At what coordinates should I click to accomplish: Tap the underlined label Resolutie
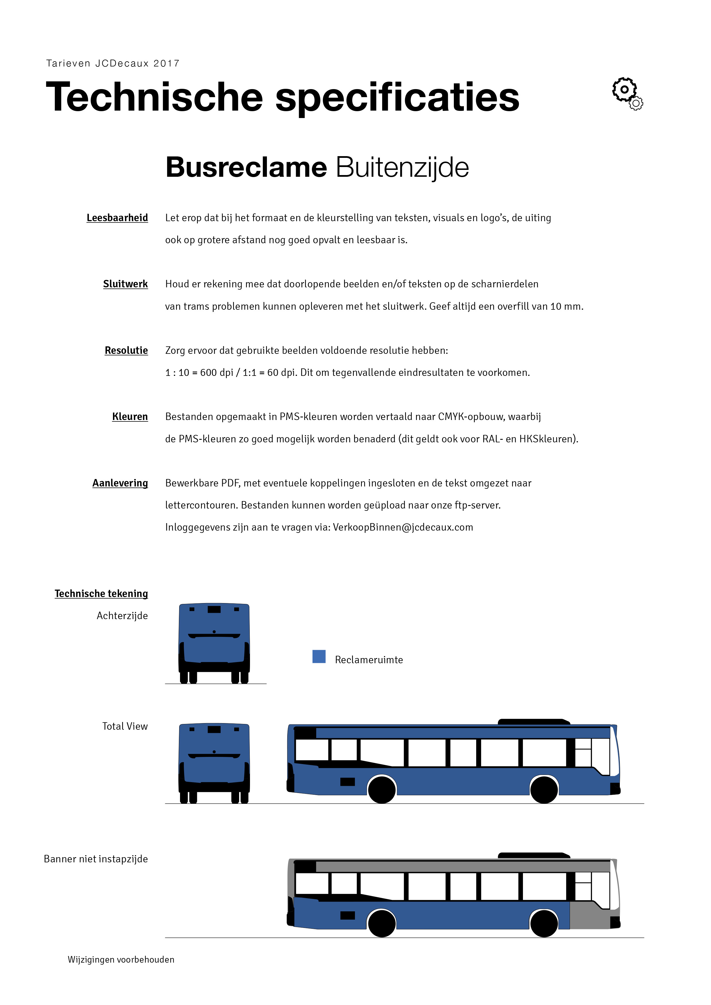pos(126,351)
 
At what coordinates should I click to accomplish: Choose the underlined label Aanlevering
pos(120,483)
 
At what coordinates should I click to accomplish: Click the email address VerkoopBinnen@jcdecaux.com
pos(403,527)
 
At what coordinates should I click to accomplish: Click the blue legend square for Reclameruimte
pos(319,657)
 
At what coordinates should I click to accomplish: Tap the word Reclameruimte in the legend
pos(369,660)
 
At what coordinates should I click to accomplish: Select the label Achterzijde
pos(122,616)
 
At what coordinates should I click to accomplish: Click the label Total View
pos(125,726)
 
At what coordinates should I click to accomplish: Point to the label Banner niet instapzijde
pos(96,859)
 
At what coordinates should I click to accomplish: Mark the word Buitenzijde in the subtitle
pos(402,168)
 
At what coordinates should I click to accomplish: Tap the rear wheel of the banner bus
pos(382,924)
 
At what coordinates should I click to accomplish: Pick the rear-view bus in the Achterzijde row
pos(214,643)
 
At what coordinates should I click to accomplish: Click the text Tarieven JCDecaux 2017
pos(113,64)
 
